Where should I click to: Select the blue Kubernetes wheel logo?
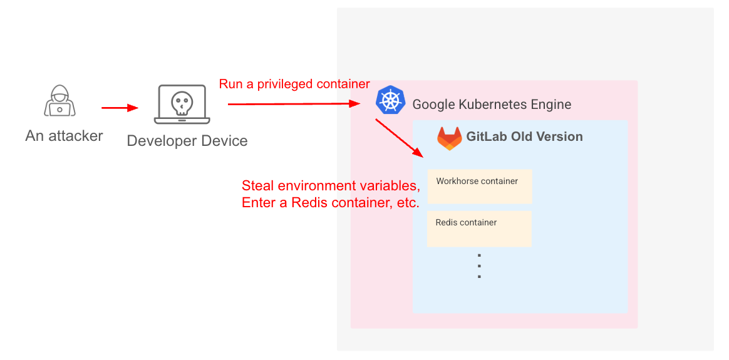pos(390,100)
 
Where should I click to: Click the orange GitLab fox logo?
pos(449,138)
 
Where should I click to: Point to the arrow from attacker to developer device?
pos(120,108)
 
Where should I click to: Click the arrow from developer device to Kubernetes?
pos(294,104)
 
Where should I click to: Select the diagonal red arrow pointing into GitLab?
pos(399,138)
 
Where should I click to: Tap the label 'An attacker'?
pos(64,136)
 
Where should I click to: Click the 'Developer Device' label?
pos(187,140)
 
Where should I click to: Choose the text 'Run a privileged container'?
pos(294,84)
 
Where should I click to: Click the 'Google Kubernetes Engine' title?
pos(492,104)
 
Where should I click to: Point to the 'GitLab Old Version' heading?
pos(524,136)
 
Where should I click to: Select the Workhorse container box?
pos(479,186)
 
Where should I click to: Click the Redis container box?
pos(479,229)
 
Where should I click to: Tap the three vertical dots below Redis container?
pos(479,265)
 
